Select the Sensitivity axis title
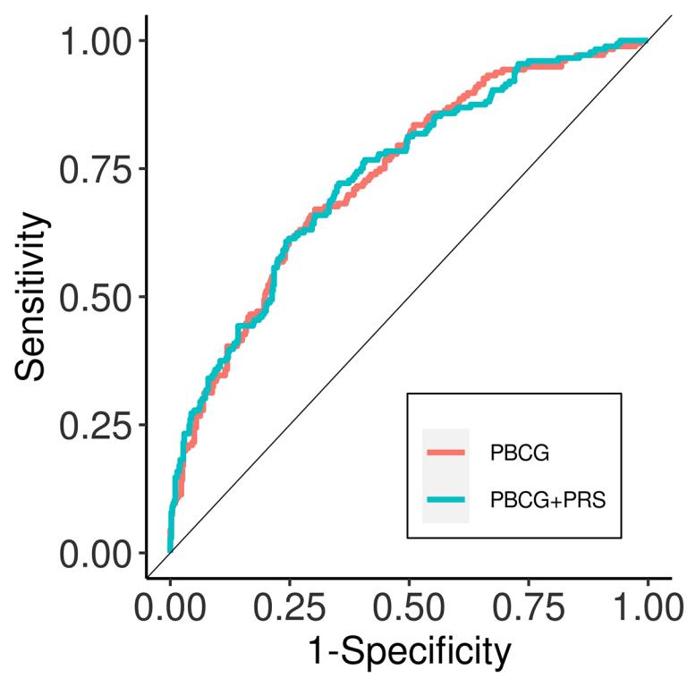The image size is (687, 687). pyautogui.click(x=32, y=296)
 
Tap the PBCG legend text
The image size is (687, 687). pyautogui.click(x=519, y=453)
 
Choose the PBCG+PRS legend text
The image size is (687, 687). pyautogui.click(x=547, y=500)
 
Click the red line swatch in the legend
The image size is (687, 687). pyautogui.click(x=445, y=453)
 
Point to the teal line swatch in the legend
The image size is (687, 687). pyautogui.click(x=445, y=500)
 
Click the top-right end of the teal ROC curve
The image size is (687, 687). pyautogui.click(x=647, y=41)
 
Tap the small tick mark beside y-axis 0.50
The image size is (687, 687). pyautogui.click(x=141, y=297)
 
